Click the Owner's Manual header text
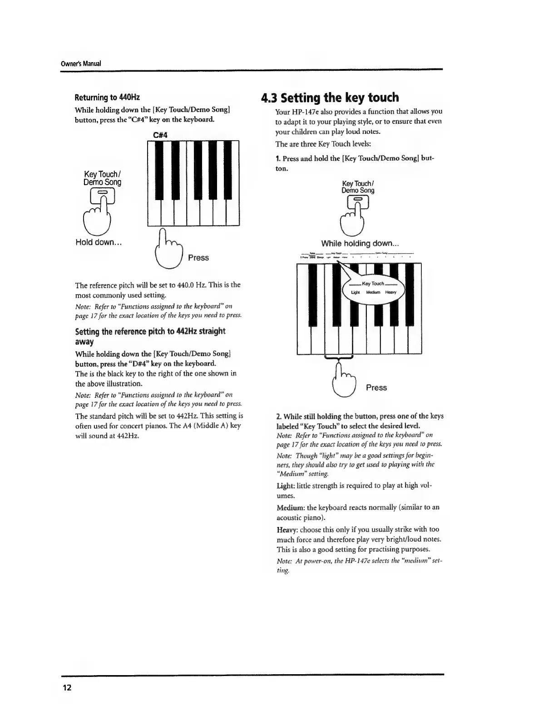pos(81,63)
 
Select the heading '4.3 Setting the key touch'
pos(330,98)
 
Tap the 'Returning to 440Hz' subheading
pos(107,98)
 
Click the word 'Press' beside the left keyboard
pos(198,258)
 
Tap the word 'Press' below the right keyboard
pos(376,387)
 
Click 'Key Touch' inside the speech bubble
pos(373,284)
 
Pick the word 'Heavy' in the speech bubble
pos(390,292)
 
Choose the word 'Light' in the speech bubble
pos(356,292)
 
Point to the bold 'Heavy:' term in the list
pos(288,529)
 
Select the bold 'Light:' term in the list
pos(286,486)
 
